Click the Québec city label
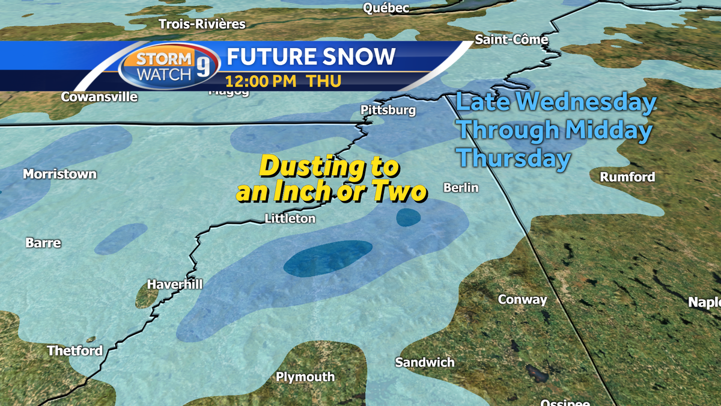click(x=386, y=8)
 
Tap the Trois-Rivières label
click(x=202, y=24)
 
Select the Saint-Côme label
click(x=511, y=40)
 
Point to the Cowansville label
click(x=99, y=97)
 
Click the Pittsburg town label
click(x=388, y=111)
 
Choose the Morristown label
click(x=59, y=174)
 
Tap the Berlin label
click(x=461, y=188)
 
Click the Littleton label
click(x=290, y=219)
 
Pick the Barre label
click(x=43, y=243)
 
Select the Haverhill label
click(x=175, y=285)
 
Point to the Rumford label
click(x=627, y=177)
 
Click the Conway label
click(x=523, y=300)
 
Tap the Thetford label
click(x=75, y=351)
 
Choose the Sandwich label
click(x=425, y=362)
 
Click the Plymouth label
click(x=305, y=377)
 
